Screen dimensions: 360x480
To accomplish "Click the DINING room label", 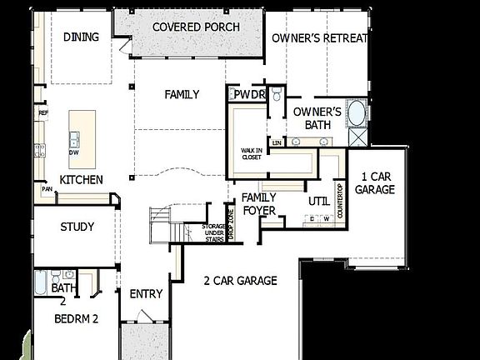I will tap(81, 37).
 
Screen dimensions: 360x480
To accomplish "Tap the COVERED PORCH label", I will tap(196, 27).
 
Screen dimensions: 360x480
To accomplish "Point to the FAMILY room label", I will tap(181, 95).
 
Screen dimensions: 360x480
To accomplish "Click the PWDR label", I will tap(248, 96).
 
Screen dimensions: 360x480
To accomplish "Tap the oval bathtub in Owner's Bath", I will tap(356, 112).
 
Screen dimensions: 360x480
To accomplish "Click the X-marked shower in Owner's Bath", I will tap(358, 138).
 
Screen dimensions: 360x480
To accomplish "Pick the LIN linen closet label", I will tap(275, 142).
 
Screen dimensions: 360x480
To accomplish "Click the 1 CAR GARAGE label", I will tap(374, 182).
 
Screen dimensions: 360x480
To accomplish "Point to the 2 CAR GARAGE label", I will tap(240, 281).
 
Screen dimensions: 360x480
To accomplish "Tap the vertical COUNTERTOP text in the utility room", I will tap(340, 201).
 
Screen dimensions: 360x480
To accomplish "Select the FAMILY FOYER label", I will tap(258, 203).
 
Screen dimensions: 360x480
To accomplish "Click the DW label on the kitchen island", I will tap(75, 153).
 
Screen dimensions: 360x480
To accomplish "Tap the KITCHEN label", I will tap(81, 180).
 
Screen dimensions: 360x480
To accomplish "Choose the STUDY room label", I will tap(77, 227).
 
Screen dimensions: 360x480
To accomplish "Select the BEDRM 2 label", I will tap(77, 318).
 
